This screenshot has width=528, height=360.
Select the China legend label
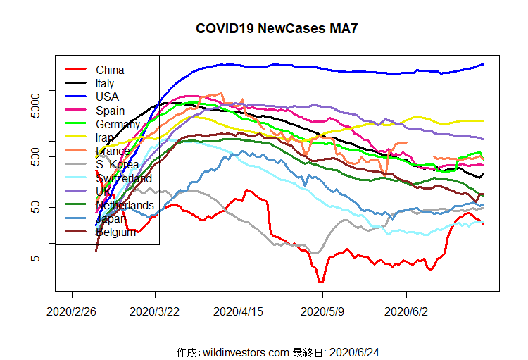[110, 70]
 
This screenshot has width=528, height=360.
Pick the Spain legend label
[111, 111]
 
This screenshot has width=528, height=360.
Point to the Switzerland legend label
[124, 178]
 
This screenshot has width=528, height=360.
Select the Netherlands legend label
[125, 205]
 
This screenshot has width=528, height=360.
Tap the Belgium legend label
[115, 232]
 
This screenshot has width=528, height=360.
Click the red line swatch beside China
[75, 69]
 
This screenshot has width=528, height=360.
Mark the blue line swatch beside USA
[75, 97]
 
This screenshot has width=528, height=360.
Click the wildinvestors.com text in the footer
[245, 352]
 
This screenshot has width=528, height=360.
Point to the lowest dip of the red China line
[321, 282]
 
